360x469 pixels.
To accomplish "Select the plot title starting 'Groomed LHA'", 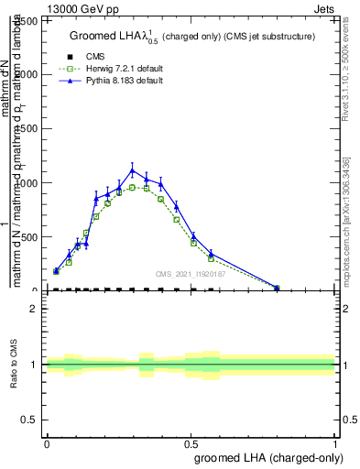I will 192,36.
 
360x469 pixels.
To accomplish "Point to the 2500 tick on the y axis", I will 31,19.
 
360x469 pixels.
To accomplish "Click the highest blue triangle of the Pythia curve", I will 132,169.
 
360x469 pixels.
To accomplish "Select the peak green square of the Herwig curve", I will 132,187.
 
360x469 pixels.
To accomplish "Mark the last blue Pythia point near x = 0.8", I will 277,288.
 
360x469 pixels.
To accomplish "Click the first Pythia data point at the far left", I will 56,270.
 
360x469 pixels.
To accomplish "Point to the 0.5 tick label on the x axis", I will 191,442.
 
